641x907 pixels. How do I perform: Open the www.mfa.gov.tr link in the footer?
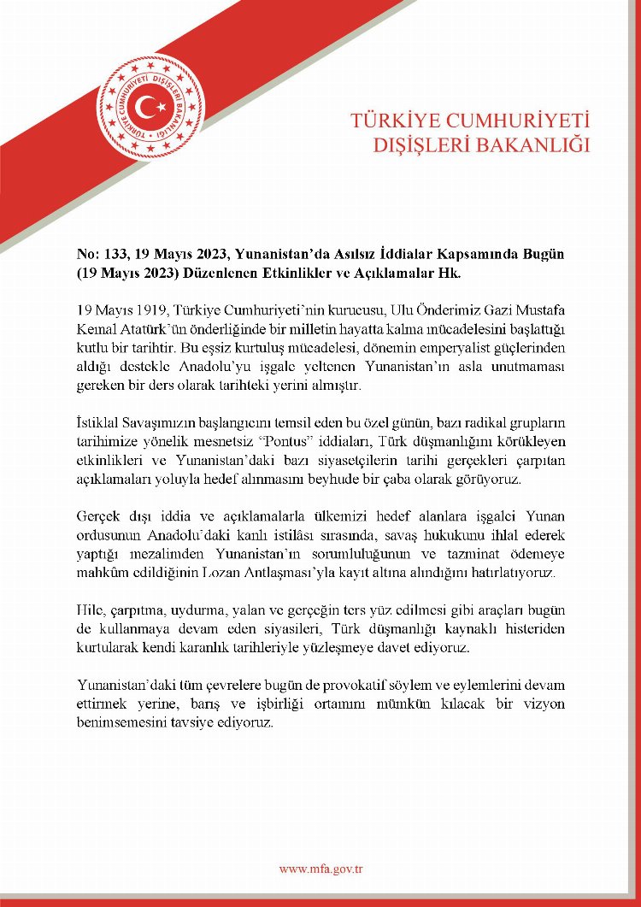click(x=321, y=869)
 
